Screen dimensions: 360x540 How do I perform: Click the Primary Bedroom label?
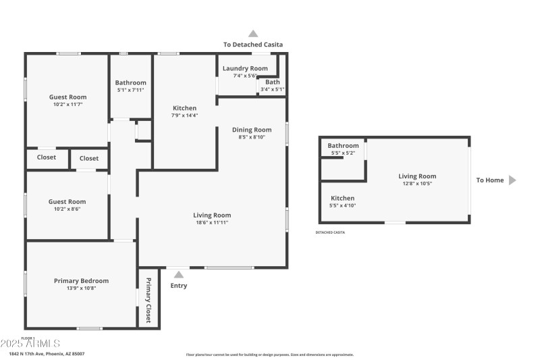(x=81, y=281)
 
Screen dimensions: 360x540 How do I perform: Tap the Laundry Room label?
(x=245, y=68)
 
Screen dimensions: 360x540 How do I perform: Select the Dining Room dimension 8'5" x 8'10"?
(x=252, y=137)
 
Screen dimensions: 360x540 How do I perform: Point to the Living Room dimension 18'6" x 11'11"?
(x=213, y=222)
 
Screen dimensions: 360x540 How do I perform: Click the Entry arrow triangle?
(x=178, y=274)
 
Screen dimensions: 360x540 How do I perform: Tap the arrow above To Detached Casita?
(x=253, y=33)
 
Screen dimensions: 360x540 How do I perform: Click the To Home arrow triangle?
(x=512, y=180)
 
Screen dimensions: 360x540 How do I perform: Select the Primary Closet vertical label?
(x=148, y=299)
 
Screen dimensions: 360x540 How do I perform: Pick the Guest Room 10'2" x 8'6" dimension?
(x=67, y=209)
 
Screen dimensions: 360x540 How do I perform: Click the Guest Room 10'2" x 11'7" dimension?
(x=67, y=104)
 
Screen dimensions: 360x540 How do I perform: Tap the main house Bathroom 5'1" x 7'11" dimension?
(x=130, y=90)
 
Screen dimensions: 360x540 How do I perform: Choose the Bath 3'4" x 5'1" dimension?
(x=272, y=89)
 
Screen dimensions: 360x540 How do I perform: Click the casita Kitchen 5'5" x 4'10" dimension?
(x=342, y=205)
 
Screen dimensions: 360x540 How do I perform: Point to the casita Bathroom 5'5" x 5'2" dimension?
(x=343, y=153)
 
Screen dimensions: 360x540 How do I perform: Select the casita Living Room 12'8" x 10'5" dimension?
(x=417, y=183)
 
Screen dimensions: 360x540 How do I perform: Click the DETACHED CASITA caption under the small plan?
(x=330, y=232)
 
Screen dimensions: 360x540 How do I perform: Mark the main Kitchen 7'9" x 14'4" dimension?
(x=184, y=115)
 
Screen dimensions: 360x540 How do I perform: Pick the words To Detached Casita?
(x=253, y=45)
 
